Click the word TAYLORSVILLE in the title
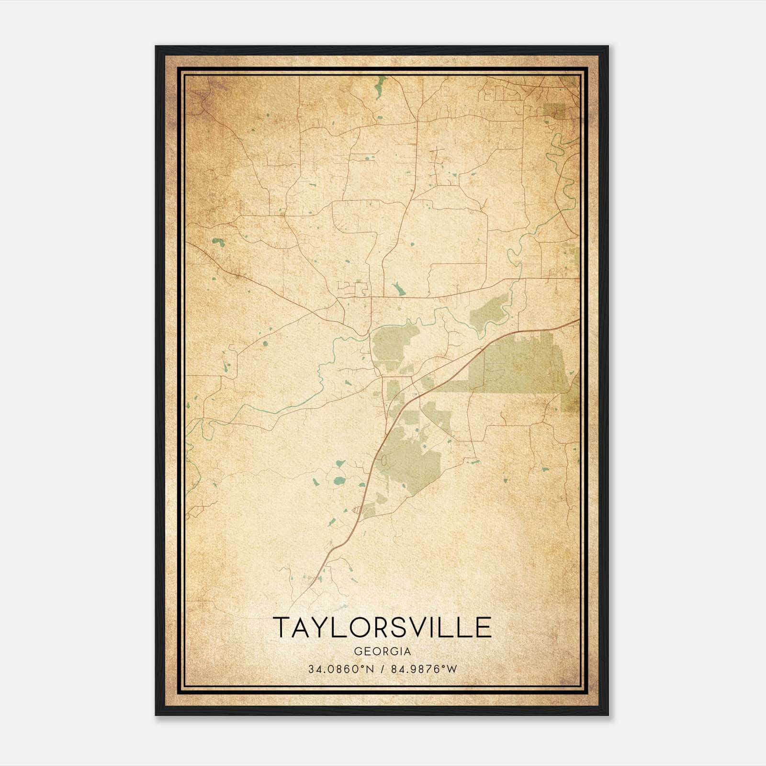click(x=383, y=627)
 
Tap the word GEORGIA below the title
click(x=383, y=652)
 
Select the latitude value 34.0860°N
click(x=339, y=669)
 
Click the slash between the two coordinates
click(x=382, y=669)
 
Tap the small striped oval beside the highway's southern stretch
click(x=356, y=510)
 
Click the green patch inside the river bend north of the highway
click(x=488, y=314)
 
